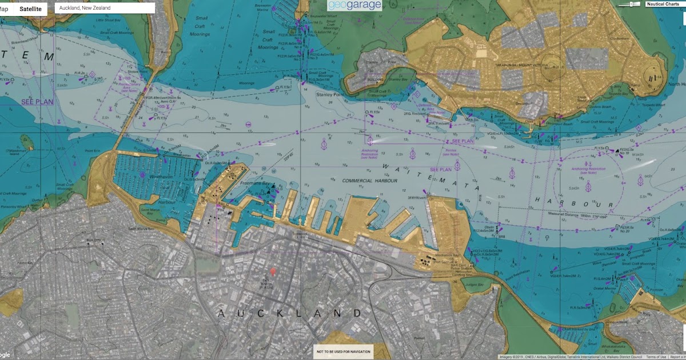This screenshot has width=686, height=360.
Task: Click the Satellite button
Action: click(30, 9)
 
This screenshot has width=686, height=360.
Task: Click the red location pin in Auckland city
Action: click(273, 271)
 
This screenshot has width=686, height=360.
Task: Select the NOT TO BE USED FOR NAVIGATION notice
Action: click(344, 351)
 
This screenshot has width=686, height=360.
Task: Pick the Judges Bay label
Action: click(476, 285)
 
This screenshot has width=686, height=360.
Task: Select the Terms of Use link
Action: click(655, 357)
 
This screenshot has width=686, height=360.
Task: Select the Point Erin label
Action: click(93, 151)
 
